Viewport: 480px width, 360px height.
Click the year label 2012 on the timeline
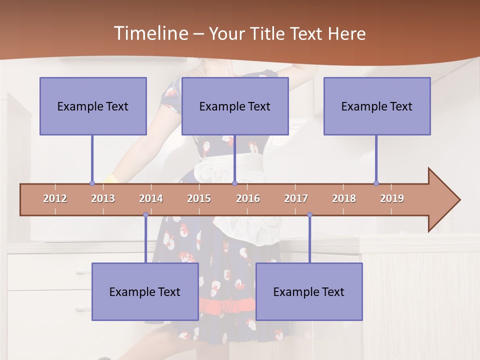click(55, 198)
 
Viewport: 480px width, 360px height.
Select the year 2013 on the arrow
click(103, 198)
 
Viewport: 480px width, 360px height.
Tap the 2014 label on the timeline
click(151, 198)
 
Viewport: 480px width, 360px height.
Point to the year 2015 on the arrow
click(199, 198)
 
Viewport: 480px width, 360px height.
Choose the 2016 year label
click(248, 198)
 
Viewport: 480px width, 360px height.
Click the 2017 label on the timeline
click(296, 198)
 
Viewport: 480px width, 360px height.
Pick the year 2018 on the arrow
click(344, 198)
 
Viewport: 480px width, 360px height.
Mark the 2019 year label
click(392, 198)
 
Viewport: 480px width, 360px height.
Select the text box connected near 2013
click(93, 106)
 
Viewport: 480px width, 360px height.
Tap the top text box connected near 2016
click(235, 106)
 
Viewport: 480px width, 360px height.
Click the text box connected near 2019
click(377, 106)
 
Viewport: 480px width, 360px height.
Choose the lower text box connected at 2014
click(145, 291)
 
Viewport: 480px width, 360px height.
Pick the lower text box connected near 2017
click(309, 291)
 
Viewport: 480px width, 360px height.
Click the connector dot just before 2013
click(92, 183)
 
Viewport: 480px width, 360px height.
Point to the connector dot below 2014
click(145, 215)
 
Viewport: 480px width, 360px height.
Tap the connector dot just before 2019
click(376, 183)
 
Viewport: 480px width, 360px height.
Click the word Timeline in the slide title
click(149, 33)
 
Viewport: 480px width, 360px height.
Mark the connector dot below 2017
click(309, 215)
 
